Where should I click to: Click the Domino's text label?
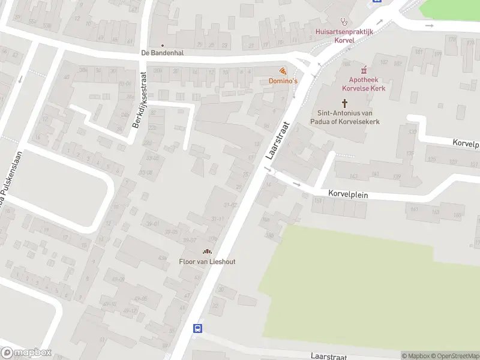click(x=280, y=80)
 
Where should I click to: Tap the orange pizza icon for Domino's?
click(x=283, y=71)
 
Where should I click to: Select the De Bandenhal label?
click(x=162, y=53)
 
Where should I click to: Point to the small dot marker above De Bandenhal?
click(x=162, y=45)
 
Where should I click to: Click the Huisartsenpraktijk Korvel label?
click(x=344, y=35)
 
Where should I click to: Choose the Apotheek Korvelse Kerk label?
click(x=368, y=84)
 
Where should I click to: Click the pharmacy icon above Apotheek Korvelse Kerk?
click(x=364, y=70)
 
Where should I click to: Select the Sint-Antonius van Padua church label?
click(x=348, y=117)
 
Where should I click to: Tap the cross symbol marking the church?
click(x=345, y=103)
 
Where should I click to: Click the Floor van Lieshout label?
click(x=207, y=261)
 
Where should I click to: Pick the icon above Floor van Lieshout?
click(x=207, y=251)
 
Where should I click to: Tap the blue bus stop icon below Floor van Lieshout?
click(x=197, y=328)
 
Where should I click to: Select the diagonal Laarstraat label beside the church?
click(x=277, y=141)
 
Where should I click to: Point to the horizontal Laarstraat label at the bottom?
click(x=329, y=356)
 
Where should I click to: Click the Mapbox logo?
click(x=25, y=353)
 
